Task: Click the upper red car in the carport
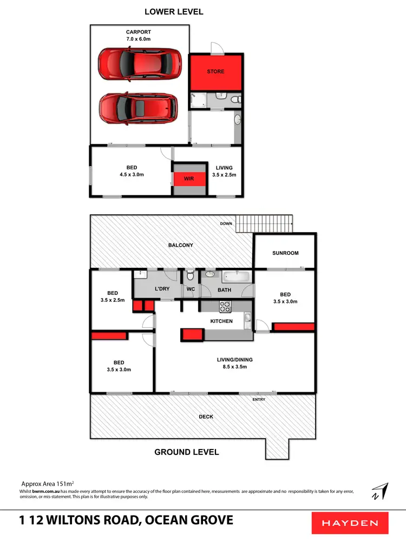tap(140, 64)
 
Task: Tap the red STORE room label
tap(215, 71)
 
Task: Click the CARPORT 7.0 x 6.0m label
tap(139, 36)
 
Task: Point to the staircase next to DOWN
tap(265, 222)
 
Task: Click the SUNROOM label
tap(285, 253)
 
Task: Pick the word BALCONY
tap(181, 245)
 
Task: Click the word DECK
tap(206, 417)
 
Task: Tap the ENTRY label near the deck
tap(259, 399)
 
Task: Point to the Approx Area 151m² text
tap(47, 483)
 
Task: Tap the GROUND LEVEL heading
tap(187, 452)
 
